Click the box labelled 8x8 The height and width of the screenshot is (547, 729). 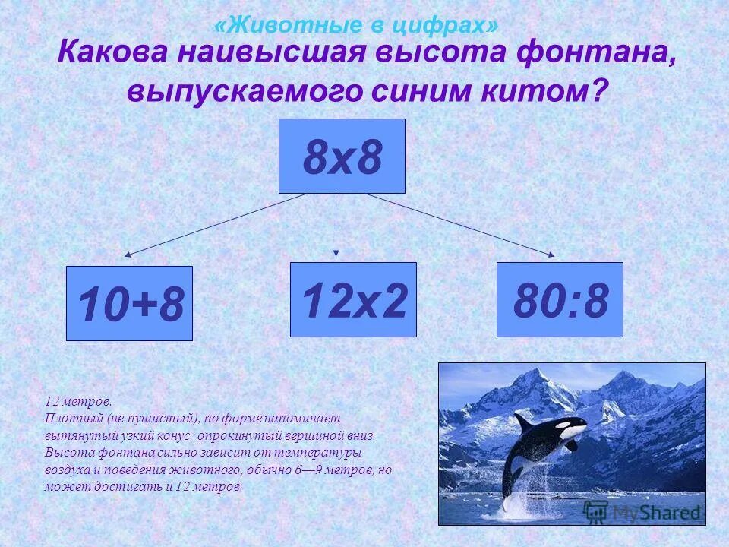point(342,156)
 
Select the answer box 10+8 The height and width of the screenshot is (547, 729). point(129,303)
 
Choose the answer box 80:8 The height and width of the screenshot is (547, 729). point(560,299)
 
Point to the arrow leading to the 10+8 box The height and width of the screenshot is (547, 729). point(216,224)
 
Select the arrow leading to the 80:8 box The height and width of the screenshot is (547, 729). point(459,224)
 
